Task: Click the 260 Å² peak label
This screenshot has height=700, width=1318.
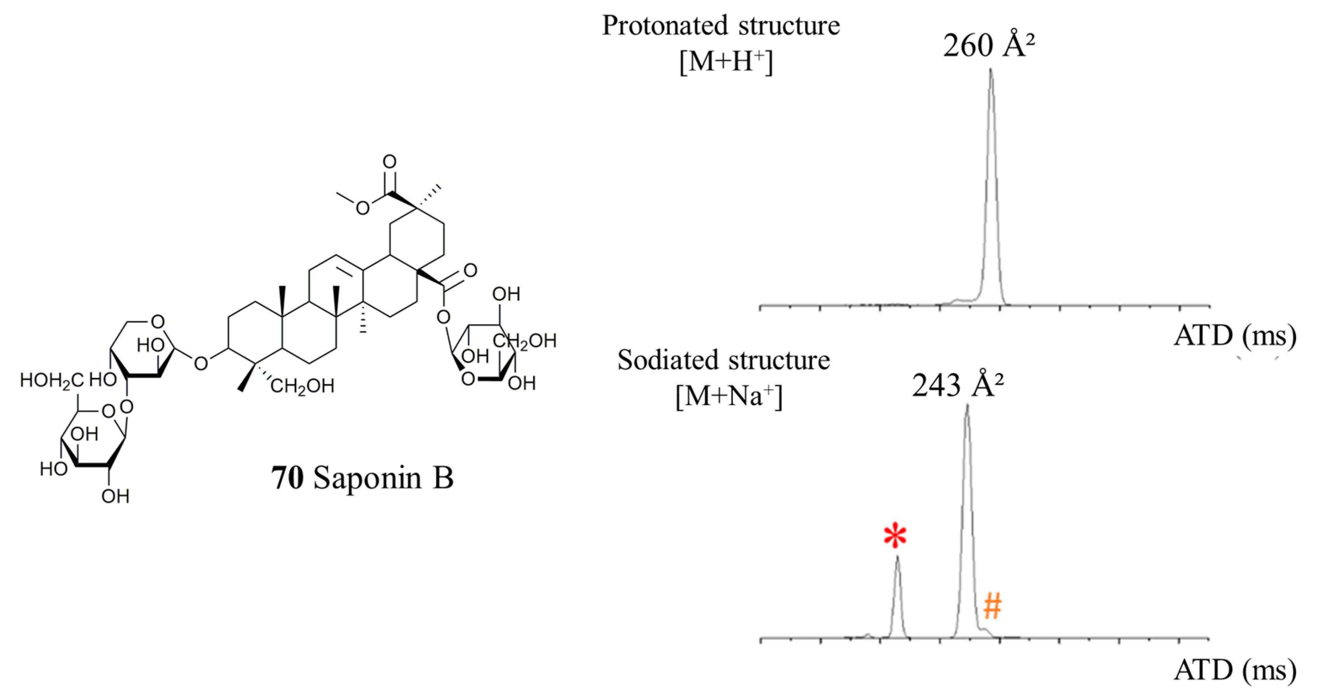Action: (989, 46)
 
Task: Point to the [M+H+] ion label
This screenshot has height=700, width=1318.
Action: (726, 62)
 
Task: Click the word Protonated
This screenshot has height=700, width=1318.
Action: (665, 26)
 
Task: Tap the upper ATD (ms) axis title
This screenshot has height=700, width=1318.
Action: (1234, 336)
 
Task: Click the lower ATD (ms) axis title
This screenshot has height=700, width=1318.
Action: (1234, 670)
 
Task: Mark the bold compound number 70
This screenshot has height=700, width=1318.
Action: (287, 478)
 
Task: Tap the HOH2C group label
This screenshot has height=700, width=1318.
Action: (52, 380)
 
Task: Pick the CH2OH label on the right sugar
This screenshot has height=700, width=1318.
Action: (524, 341)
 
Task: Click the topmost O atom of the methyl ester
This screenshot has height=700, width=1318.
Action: (389, 162)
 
